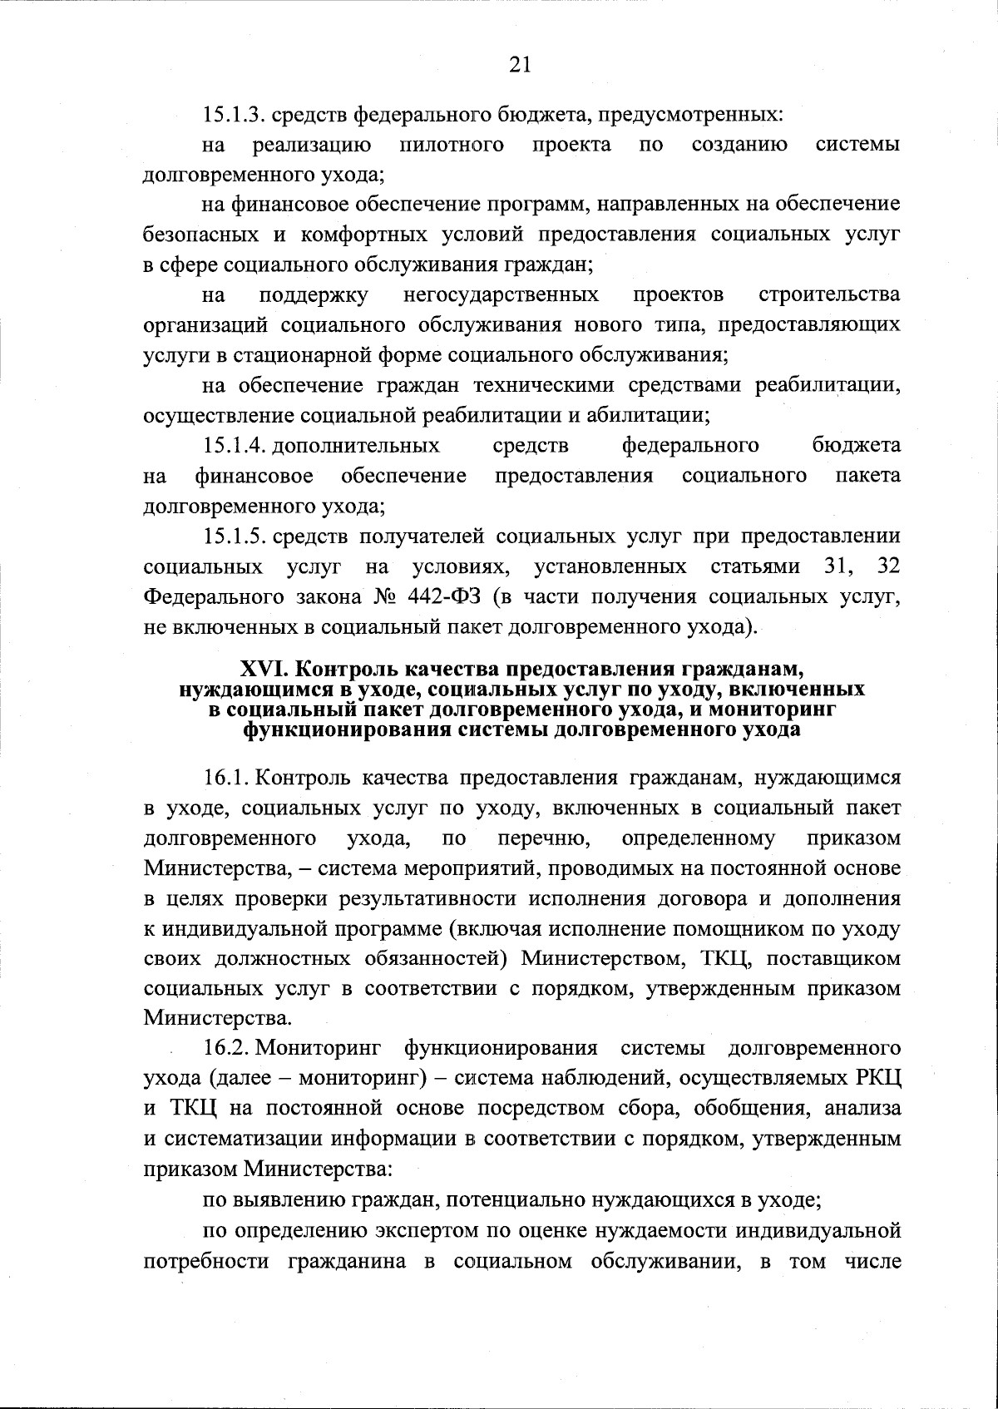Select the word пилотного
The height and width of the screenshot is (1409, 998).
click(452, 145)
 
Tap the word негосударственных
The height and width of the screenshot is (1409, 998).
click(501, 294)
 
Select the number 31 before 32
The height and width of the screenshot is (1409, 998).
click(838, 566)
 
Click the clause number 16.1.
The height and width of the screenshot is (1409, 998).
click(226, 778)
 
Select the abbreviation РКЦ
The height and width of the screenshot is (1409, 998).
click(877, 1078)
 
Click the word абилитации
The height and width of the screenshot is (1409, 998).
click(653, 414)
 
